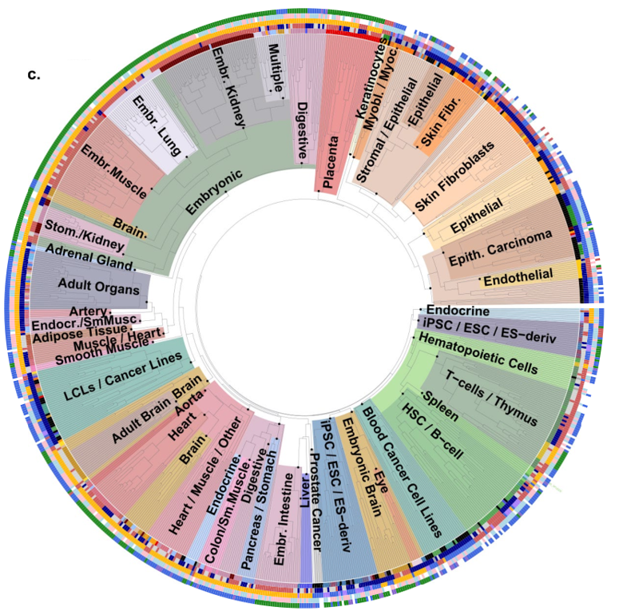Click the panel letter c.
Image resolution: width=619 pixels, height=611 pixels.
(x=34, y=75)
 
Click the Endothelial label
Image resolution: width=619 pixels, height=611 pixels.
(x=518, y=276)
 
